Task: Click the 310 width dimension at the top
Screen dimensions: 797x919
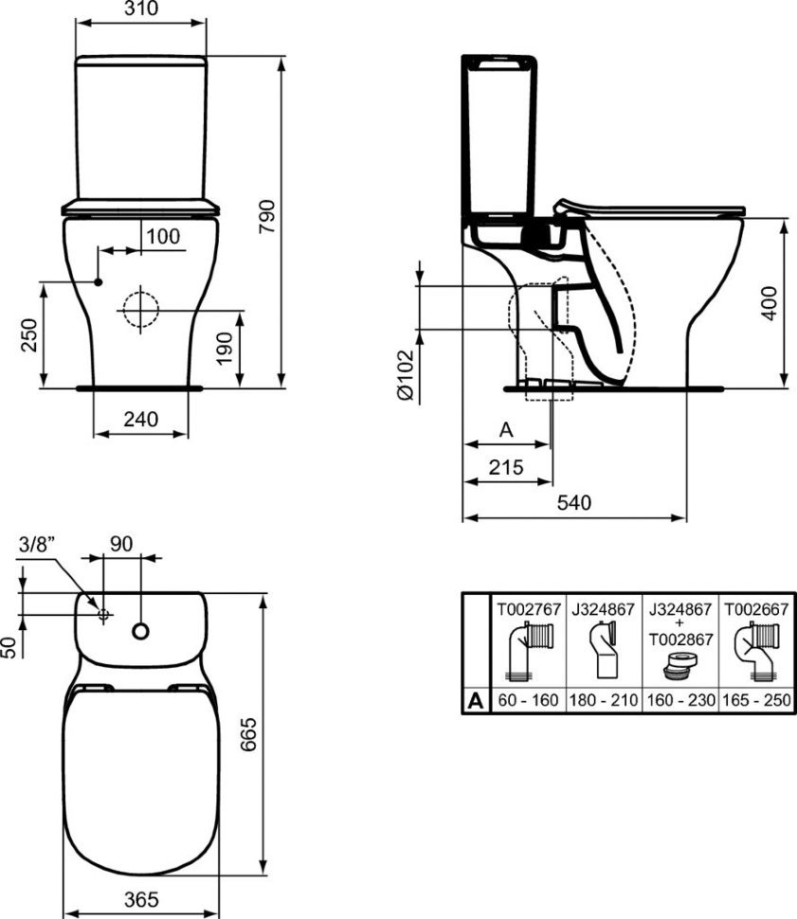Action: click(x=141, y=9)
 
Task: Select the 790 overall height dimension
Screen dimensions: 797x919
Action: click(x=267, y=216)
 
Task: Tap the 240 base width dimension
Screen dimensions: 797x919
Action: click(x=141, y=419)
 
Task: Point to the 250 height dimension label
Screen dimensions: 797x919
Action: click(x=28, y=335)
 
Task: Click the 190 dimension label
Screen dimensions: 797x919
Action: click(x=226, y=349)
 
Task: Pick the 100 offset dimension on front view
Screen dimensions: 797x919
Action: click(x=163, y=237)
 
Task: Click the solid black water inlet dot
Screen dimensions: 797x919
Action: click(x=99, y=282)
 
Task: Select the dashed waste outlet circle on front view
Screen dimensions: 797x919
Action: click(x=140, y=310)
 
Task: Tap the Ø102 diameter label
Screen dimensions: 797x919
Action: click(x=406, y=375)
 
